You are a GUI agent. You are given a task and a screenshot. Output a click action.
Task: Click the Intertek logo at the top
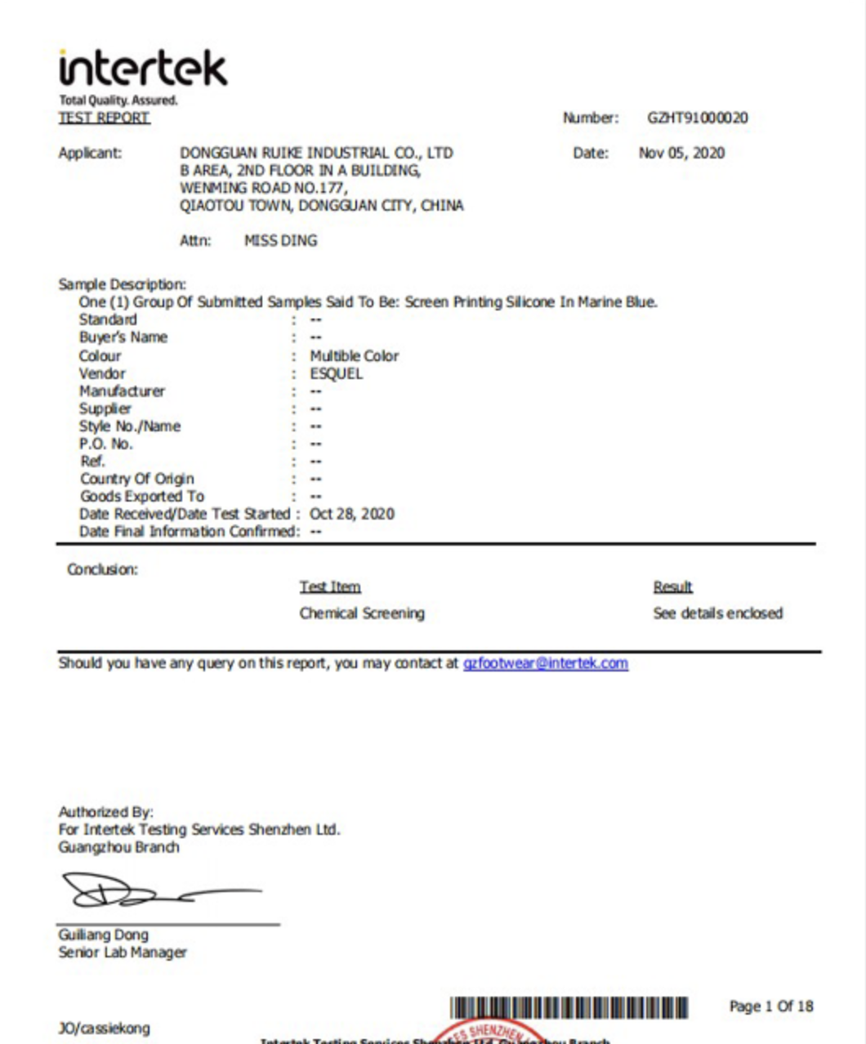tap(143, 69)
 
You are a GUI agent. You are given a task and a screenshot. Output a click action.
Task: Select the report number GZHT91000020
tap(697, 118)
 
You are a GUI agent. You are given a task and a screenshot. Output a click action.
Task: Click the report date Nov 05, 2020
tap(681, 153)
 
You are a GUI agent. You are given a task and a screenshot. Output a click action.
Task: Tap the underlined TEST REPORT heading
tap(104, 118)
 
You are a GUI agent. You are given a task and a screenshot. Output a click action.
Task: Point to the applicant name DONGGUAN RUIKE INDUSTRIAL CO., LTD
tap(316, 153)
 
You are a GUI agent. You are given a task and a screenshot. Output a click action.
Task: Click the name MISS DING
tap(280, 241)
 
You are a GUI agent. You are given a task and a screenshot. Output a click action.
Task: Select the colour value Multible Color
tap(354, 356)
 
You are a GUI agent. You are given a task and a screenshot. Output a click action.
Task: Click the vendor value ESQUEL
tap(336, 374)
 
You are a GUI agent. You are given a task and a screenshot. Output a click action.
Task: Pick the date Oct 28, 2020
tap(351, 514)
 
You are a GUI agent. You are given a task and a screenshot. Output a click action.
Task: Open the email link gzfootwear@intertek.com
tap(545, 663)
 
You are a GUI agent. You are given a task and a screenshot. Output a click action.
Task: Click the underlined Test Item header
tap(329, 587)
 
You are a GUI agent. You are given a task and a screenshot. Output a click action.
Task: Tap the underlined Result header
tap(672, 587)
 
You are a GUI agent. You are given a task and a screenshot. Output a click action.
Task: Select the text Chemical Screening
tap(362, 613)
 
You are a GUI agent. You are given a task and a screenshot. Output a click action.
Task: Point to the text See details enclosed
tap(717, 613)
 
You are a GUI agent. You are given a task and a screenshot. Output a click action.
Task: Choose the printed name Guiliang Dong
tap(103, 935)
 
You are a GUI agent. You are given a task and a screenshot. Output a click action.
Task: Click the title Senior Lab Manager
tap(123, 953)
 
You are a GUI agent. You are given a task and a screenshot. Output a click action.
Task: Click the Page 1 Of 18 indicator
tap(770, 1006)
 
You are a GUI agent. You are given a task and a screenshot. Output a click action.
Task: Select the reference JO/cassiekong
tap(104, 1028)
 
